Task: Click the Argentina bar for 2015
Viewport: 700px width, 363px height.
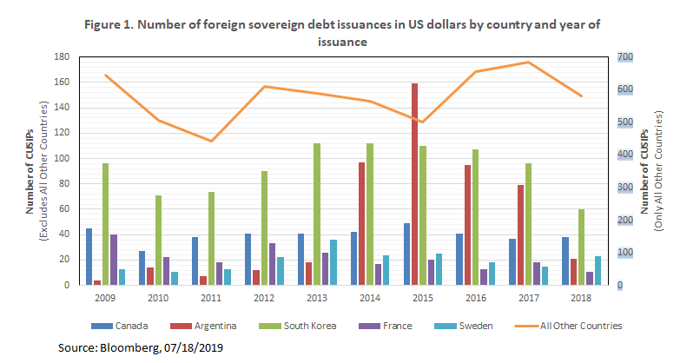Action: [x=415, y=184]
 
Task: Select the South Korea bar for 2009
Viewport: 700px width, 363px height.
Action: [x=106, y=224]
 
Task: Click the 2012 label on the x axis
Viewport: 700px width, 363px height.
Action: [x=265, y=297]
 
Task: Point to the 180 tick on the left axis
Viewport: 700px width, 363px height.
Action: [x=63, y=56]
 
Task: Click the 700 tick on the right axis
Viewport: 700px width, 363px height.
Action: [x=625, y=56]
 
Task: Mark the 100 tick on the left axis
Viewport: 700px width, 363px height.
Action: [x=63, y=158]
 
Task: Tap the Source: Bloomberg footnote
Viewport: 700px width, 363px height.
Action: [x=142, y=347]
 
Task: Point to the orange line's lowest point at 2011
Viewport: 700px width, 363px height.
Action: [x=211, y=141]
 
